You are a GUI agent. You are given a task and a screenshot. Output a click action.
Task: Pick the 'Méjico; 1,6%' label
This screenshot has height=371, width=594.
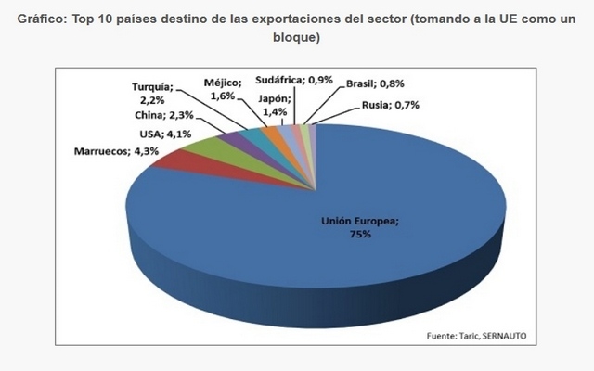point(223,87)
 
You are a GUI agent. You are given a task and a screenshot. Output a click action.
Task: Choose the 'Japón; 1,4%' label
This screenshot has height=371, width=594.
point(274,104)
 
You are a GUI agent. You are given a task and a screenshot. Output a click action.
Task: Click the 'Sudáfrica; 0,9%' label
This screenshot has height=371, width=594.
point(293,81)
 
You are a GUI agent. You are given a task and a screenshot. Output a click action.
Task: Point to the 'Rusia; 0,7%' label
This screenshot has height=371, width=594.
point(390,105)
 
